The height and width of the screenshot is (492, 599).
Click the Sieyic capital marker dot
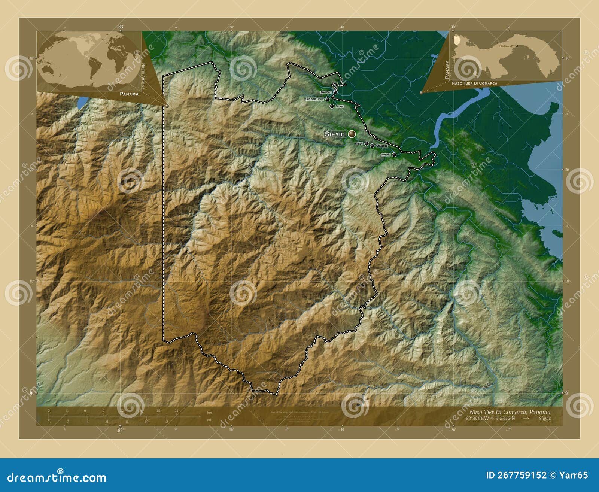(x=352, y=134)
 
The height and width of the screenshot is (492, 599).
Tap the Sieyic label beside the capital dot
(x=335, y=134)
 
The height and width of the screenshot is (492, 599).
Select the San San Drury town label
(x=314, y=99)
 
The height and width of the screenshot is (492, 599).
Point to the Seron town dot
(x=332, y=106)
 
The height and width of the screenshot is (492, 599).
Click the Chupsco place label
(x=381, y=146)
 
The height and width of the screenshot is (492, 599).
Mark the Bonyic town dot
(x=394, y=154)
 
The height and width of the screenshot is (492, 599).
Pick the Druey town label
(x=359, y=143)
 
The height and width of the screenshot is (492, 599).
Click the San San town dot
(x=335, y=92)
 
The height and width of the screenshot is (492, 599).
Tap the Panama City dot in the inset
(x=517, y=46)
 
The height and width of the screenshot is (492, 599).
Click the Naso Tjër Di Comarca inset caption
(x=474, y=83)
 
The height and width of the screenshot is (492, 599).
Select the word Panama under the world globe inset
(x=129, y=94)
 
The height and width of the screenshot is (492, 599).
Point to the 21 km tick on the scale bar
(x=176, y=411)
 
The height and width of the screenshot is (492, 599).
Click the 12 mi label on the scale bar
(x=166, y=422)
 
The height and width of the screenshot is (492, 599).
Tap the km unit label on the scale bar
(x=209, y=413)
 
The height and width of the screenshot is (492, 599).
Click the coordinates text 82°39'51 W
(x=478, y=418)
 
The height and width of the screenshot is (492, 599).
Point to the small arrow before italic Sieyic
(x=526, y=418)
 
